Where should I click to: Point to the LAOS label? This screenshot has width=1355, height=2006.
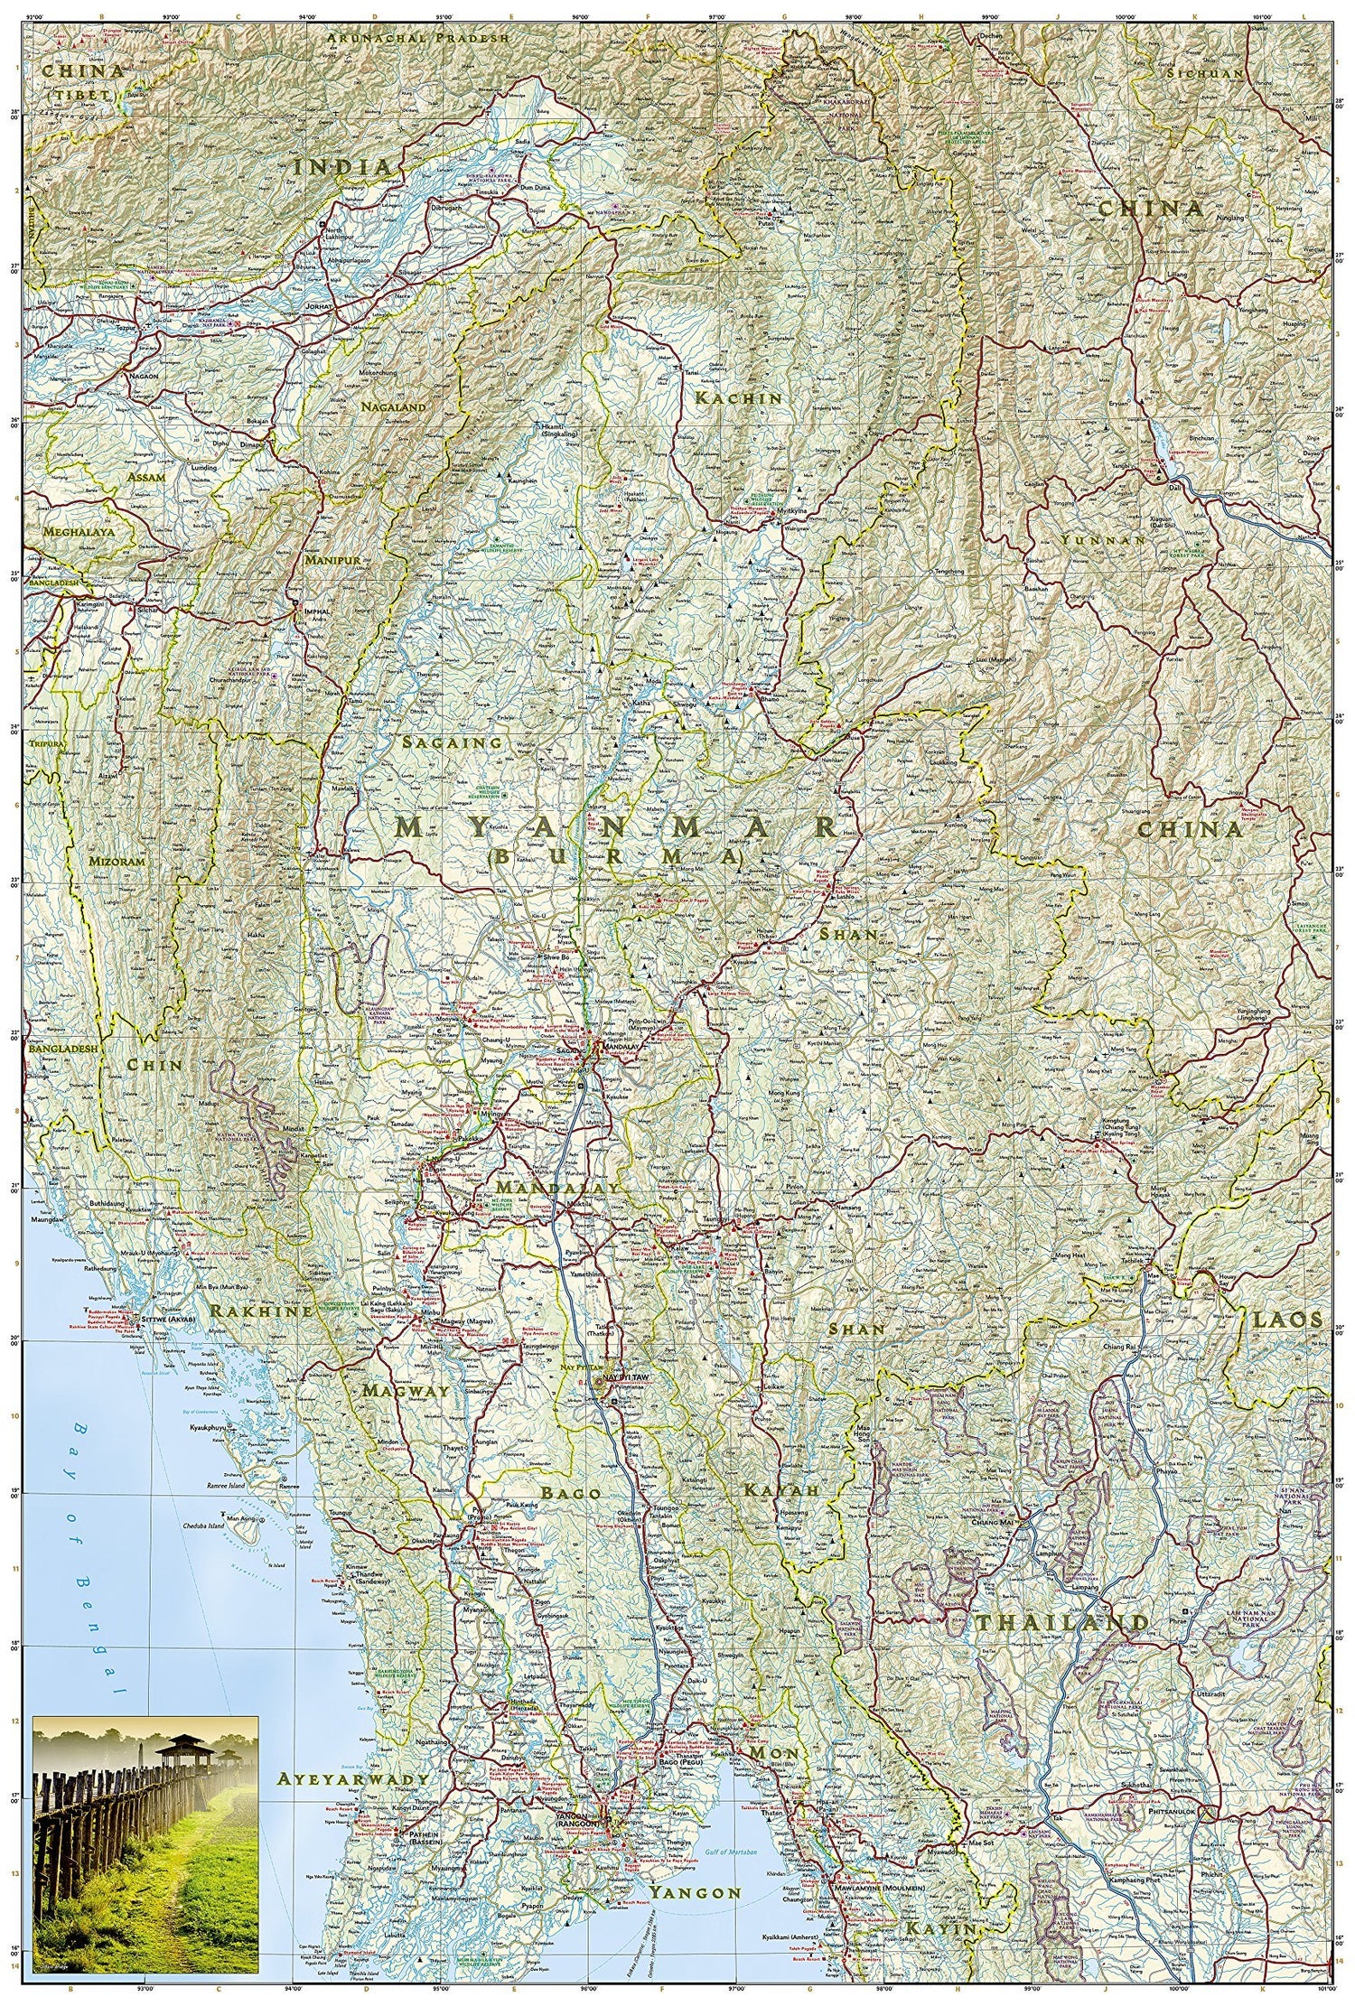(x=1286, y=1320)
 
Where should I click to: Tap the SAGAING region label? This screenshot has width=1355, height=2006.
(x=453, y=742)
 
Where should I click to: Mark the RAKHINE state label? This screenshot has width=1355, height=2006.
(x=261, y=1311)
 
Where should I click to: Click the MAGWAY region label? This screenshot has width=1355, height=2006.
(x=406, y=1390)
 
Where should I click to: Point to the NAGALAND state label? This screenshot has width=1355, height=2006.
(x=392, y=407)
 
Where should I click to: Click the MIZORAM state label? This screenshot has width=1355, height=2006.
(x=117, y=861)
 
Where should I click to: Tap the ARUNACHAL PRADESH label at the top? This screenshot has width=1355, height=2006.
(x=418, y=39)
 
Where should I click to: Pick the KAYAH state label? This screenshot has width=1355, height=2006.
(x=780, y=1489)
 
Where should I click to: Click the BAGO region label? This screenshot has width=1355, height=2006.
(x=571, y=1493)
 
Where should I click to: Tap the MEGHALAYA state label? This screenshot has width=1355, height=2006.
(x=79, y=533)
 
